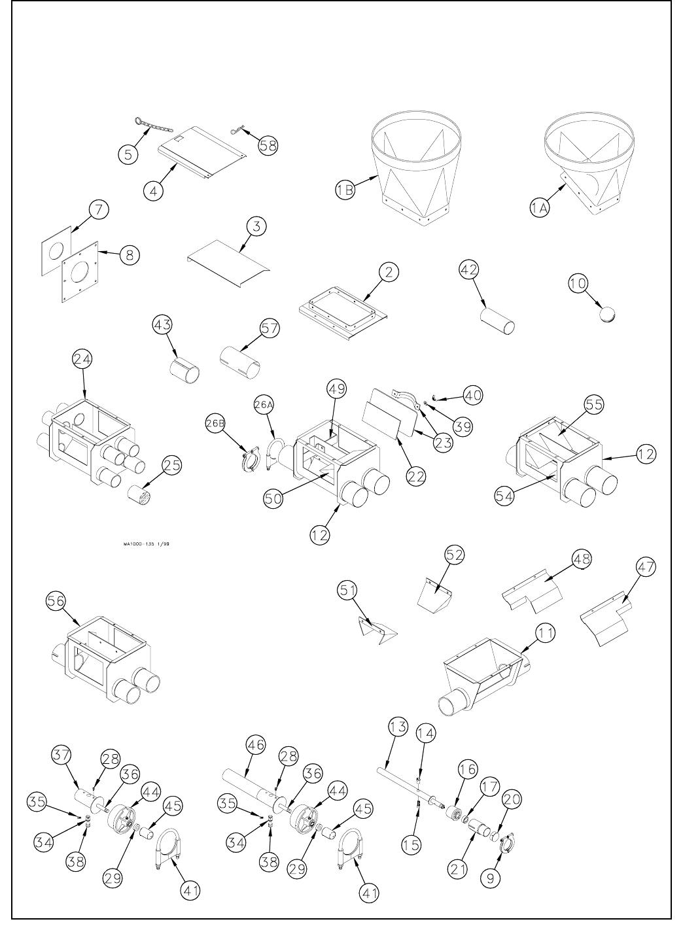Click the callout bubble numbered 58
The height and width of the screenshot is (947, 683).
268,145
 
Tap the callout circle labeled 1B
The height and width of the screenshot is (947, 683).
345,190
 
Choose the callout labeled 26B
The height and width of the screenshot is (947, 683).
217,423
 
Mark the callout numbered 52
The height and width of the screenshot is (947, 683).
455,555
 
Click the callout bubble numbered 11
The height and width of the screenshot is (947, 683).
547,633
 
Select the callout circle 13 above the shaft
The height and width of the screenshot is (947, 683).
398,726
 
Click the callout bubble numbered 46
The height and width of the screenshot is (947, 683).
256,744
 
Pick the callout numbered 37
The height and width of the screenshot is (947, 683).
61,755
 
